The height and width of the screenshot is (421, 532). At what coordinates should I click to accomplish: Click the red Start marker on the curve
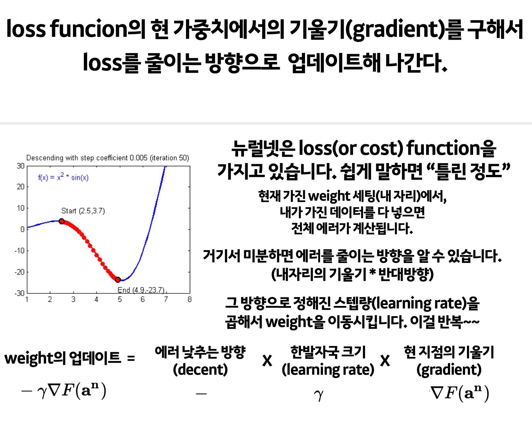pos(62,221)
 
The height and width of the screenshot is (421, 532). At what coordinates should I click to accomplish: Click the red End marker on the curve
pos(118,280)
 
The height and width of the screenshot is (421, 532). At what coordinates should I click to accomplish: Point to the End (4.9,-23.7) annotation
pos(141,290)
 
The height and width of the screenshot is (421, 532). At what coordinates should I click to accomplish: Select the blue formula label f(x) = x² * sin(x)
pos(63,177)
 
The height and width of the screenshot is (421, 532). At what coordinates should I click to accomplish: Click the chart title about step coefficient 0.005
pos(108,158)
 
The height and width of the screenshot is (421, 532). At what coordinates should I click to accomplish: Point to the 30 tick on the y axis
pos(20,166)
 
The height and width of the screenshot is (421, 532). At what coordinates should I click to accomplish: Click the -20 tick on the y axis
pos(20,272)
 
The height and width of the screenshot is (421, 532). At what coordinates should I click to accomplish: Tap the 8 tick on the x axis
pos(189,300)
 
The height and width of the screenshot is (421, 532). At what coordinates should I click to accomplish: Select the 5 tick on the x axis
pos(119,300)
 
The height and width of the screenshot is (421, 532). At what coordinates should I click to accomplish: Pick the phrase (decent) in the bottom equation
pos(200,369)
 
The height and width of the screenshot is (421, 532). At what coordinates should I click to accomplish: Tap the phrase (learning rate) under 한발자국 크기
pos(328,370)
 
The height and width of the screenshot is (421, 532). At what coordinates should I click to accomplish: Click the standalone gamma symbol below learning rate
pos(318,395)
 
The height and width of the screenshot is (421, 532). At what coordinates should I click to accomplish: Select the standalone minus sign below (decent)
pos(201,393)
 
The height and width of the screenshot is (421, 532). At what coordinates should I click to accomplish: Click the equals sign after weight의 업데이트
pos(131,358)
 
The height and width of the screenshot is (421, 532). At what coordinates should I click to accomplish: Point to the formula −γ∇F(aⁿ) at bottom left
pos(64,391)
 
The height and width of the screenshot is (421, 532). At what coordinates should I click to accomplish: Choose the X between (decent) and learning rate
pos(267,361)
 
